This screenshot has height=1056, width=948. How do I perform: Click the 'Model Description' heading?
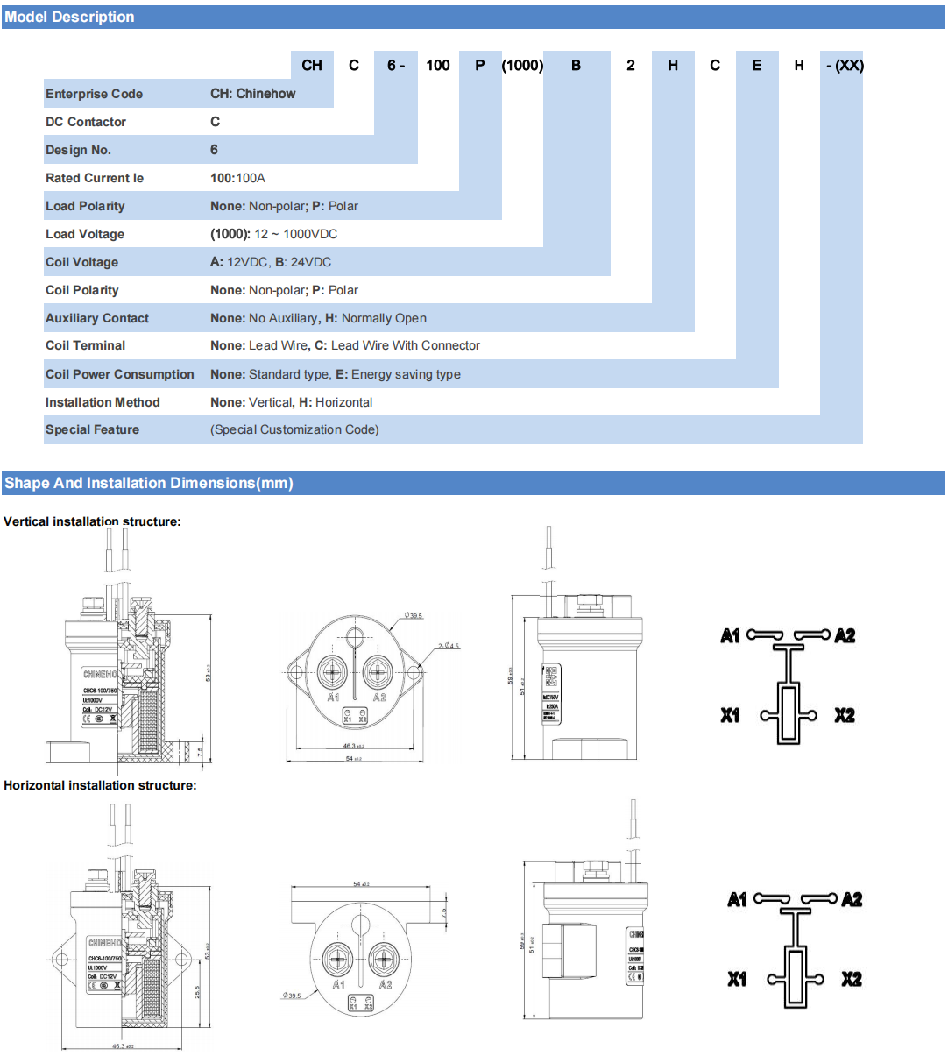coord(69,17)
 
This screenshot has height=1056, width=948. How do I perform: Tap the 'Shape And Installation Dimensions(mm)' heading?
coord(148,483)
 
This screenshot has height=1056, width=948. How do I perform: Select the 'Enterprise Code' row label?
coord(94,94)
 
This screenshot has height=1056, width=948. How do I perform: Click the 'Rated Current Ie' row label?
coord(95,178)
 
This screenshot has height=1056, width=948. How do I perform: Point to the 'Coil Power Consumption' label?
coord(120,374)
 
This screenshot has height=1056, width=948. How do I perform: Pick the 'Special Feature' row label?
coord(92,429)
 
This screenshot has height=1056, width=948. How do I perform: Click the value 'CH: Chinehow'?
coord(252,94)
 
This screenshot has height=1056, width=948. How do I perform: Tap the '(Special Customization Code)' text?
coord(294,429)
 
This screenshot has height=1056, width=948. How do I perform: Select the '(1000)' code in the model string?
coord(522,66)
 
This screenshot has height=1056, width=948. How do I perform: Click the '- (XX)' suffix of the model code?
coord(844,66)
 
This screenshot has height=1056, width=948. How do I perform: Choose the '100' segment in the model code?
coord(438,66)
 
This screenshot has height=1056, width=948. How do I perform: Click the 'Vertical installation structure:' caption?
coord(92,521)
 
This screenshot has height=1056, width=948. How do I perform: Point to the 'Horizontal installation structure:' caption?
coord(100,785)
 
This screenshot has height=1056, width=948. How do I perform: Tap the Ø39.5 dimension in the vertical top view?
coord(413,616)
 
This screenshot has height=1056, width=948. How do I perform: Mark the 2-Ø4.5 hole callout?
coord(449,646)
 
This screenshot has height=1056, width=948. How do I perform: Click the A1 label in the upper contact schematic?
coord(731,636)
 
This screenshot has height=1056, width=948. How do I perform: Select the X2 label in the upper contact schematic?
coord(844,715)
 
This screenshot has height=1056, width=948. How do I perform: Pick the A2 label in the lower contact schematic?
coord(852,900)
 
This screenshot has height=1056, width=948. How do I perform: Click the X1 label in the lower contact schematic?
coord(738,979)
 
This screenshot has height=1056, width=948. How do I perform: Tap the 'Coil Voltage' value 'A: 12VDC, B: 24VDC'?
coord(271,262)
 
